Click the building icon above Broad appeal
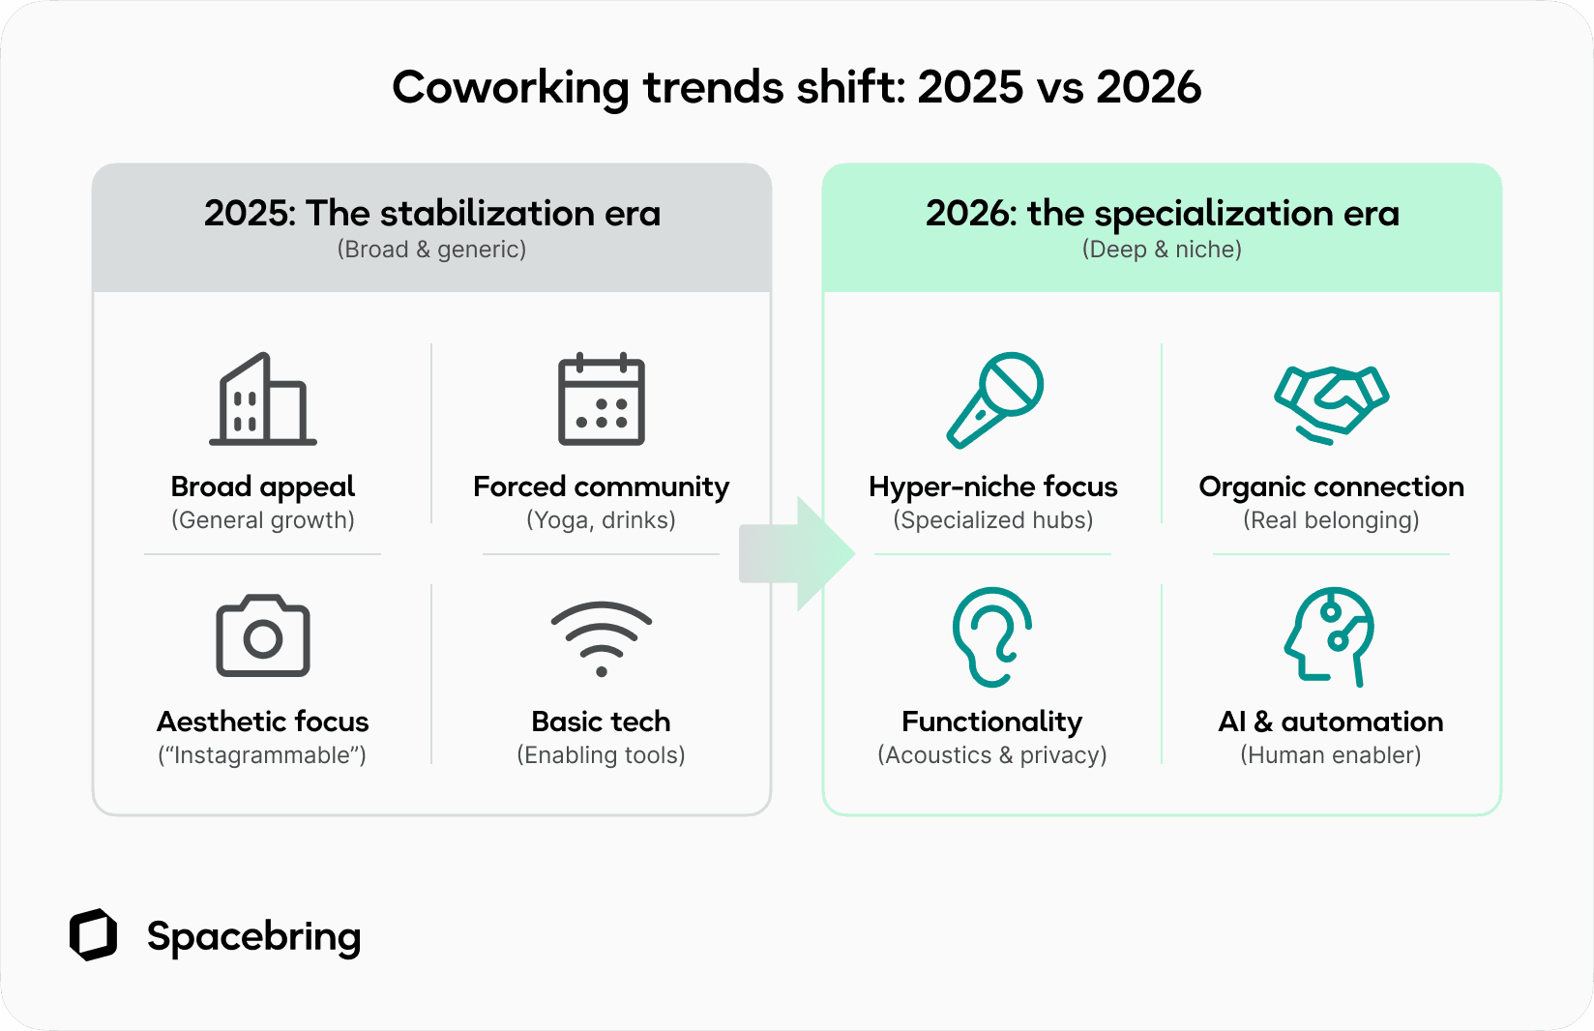262,399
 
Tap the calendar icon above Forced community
601,399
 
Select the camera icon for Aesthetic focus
262,635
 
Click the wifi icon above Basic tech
601,637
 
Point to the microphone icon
994,399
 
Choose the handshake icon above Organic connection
1331,404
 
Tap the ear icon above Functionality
991,636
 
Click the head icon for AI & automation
1330,636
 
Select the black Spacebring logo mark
93,935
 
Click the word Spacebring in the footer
253,936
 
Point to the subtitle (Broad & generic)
431,250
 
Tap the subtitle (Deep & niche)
1162,250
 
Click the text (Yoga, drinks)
601,520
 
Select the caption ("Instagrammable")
262,755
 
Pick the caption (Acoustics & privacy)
991,755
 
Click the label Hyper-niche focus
992,486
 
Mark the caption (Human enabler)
1331,755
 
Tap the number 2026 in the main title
1148,88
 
